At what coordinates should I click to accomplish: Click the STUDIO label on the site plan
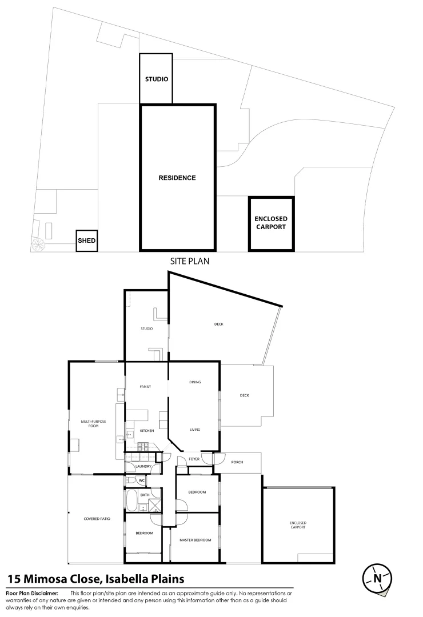click(x=157, y=79)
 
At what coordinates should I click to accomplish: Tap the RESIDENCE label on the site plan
click(x=177, y=178)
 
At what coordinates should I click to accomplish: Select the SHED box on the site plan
click(x=87, y=241)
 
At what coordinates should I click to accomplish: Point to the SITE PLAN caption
click(x=189, y=261)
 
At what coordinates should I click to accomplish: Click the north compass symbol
click(x=377, y=578)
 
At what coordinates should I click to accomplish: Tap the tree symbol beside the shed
click(x=39, y=245)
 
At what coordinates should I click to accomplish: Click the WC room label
click(x=142, y=480)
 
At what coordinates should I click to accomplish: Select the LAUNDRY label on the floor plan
click(x=143, y=466)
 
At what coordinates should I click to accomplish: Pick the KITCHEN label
click(x=147, y=431)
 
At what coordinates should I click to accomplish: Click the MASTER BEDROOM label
click(x=195, y=540)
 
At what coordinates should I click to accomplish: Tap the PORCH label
click(x=237, y=462)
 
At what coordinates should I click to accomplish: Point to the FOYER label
click(x=194, y=459)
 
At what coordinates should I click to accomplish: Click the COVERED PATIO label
click(x=97, y=519)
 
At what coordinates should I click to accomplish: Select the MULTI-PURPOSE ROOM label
click(x=93, y=424)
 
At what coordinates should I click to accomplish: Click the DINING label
click(x=195, y=382)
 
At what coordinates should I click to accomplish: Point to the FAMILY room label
click(x=145, y=387)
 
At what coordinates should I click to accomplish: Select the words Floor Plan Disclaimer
click(x=32, y=594)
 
